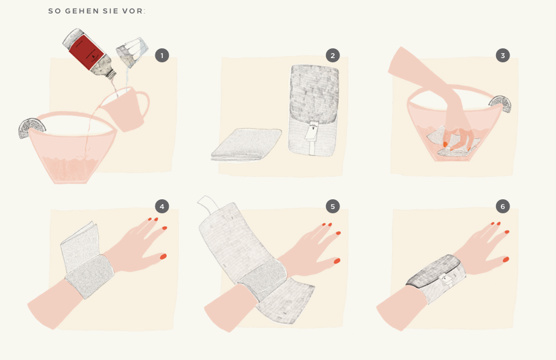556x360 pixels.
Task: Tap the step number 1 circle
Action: click(x=162, y=55)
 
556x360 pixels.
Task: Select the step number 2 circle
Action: click(x=333, y=55)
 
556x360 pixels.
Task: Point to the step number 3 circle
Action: click(x=503, y=55)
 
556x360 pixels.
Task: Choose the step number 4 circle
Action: click(x=162, y=206)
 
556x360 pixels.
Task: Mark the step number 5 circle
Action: click(x=333, y=206)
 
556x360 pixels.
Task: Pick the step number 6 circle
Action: click(x=503, y=206)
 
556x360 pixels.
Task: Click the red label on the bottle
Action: click(x=86, y=52)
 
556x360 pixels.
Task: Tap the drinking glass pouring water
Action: click(x=132, y=53)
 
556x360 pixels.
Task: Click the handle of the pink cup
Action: click(x=143, y=104)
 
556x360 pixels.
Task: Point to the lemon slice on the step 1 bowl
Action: click(x=31, y=128)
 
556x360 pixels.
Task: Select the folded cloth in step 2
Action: click(x=246, y=145)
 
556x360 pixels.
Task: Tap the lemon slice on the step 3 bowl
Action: click(x=500, y=104)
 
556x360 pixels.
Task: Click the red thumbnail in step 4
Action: click(x=163, y=256)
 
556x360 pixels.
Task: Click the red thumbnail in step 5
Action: click(x=337, y=261)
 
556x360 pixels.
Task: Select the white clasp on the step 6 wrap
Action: click(x=446, y=280)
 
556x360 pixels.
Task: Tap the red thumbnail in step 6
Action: click(x=506, y=260)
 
